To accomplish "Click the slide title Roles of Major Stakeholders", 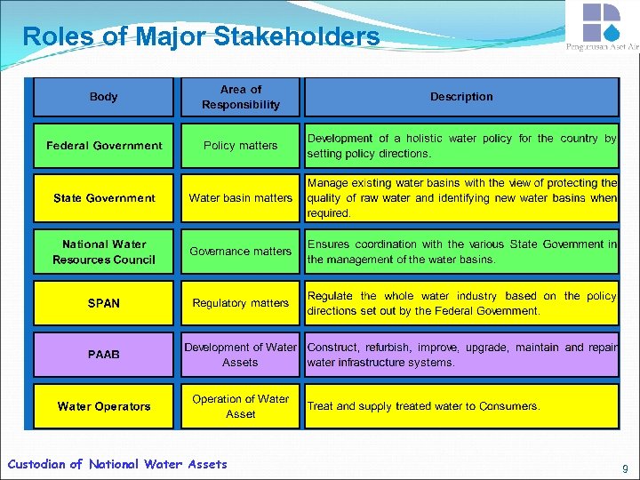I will (x=201, y=37).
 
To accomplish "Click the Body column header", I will (x=104, y=97).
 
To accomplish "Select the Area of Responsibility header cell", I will (x=241, y=97).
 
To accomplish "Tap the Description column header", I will (x=461, y=97).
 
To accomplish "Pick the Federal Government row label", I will (x=104, y=146).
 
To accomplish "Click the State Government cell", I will (x=104, y=198).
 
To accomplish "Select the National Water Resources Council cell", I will (x=104, y=252).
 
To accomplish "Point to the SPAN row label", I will (x=104, y=303).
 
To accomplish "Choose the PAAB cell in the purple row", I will (x=104, y=355).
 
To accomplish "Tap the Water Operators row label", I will (x=104, y=406).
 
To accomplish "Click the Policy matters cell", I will (x=241, y=146).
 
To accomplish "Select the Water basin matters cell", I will (x=241, y=198).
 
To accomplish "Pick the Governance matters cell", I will (x=241, y=252).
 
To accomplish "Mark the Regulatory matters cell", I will (x=241, y=303).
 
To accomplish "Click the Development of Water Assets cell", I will (x=241, y=355).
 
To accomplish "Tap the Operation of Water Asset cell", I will (x=241, y=406).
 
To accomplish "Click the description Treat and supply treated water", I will (x=423, y=406).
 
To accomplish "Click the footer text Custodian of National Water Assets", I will (x=117, y=464).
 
